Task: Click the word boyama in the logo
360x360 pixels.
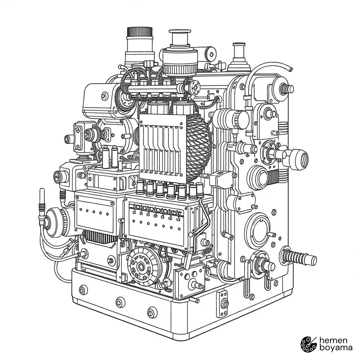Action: [336, 347]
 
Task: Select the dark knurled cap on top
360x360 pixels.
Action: [140, 32]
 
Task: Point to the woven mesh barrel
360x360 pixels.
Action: [198, 147]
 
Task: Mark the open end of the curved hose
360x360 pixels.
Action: [291, 69]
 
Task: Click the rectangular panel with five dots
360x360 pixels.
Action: [95, 213]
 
